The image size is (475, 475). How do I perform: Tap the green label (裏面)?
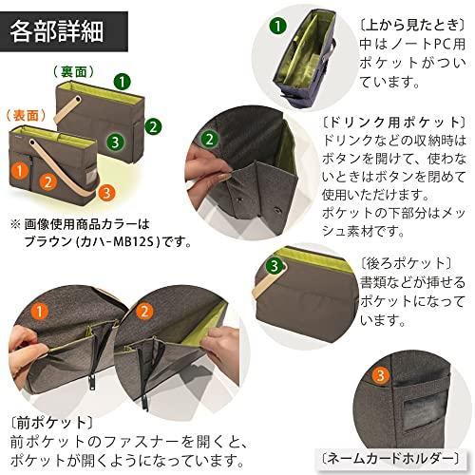pos(72,72)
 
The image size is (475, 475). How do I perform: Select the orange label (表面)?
pos(27,112)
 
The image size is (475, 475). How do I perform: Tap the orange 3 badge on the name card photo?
pos(380,377)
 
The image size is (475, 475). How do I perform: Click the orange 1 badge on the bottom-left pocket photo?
pos(38,310)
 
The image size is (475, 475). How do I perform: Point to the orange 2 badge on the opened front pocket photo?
pos(144,310)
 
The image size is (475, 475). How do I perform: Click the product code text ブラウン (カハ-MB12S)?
pos(105,240)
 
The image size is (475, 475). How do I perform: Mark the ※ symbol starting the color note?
pos(15,224)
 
